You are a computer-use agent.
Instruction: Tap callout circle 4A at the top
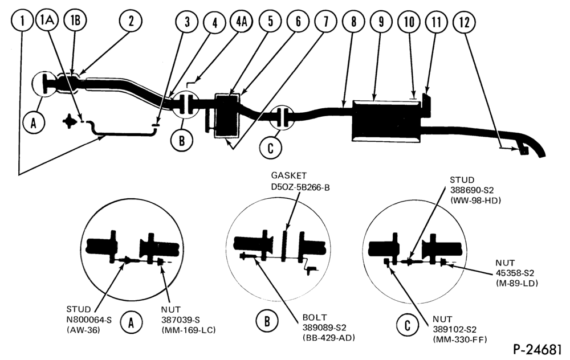[241, 21]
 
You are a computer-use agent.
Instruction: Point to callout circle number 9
[381, 22]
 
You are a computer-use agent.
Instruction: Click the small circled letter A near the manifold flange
[34, 124]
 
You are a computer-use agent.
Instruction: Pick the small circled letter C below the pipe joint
[270, 148]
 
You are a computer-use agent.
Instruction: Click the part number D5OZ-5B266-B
[300, 187]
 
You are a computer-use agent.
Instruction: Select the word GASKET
[289, 176]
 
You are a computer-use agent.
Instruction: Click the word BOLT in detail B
[315, 317]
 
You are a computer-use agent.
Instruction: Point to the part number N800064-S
[89, 320]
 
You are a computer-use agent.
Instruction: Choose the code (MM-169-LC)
[188, 330]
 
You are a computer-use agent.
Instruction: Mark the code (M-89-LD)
[516, 283]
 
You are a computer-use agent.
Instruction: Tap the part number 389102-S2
[454, 329]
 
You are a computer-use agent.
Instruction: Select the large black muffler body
[386, 121]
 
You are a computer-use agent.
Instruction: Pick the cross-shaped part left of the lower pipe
[69, 122]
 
